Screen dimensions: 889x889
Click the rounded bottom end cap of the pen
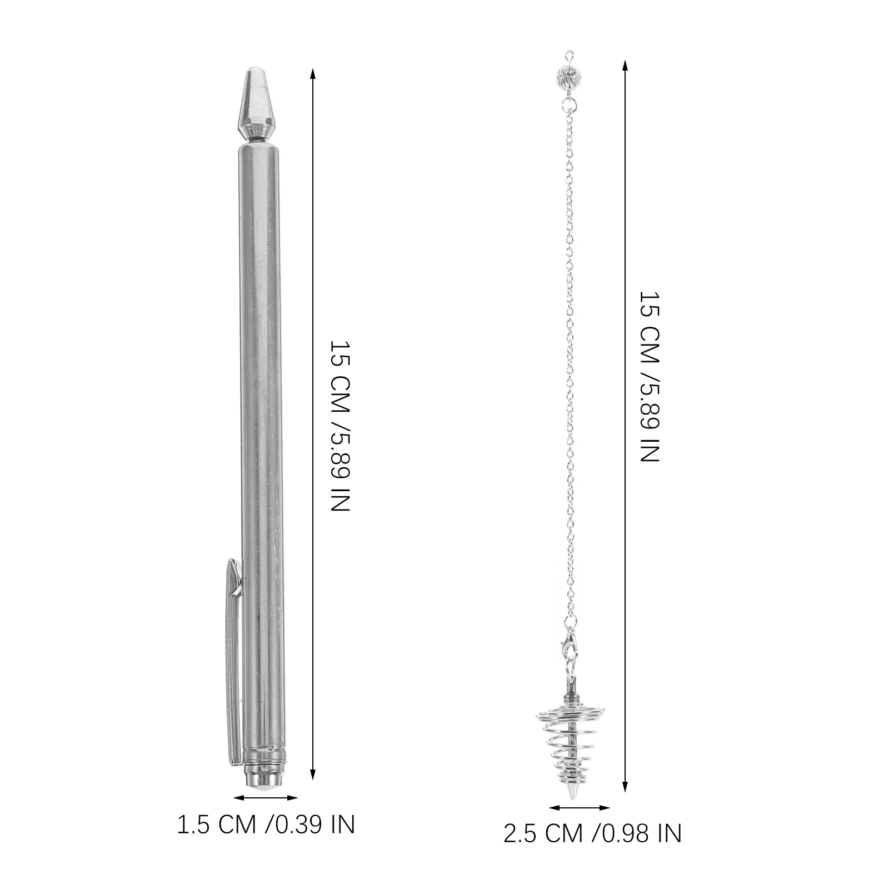tap(264, 783)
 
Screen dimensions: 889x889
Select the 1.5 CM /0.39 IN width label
tap(266, 825)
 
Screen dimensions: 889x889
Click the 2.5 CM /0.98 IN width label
tap(592, 834)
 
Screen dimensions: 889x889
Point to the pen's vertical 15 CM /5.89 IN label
tap(340, 426)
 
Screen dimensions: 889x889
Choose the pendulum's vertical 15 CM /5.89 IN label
tap(648, 376)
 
